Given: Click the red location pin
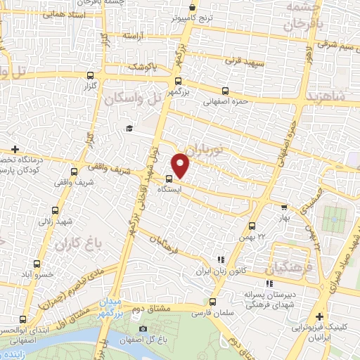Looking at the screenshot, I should (x=181, y=165).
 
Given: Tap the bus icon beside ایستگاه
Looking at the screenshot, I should (x=169, y=179).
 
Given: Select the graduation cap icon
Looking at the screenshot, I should (x=129, y=128).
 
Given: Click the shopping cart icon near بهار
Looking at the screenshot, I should (x=284, y=207).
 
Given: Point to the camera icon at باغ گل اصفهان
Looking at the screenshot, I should (x=143, y=329).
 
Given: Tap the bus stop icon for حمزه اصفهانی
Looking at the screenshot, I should (x=225, y=90).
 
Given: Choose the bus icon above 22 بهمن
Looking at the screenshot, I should (x=252, y=226).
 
